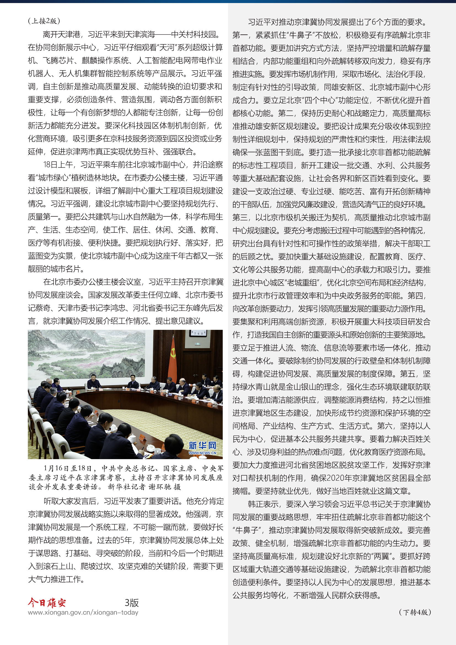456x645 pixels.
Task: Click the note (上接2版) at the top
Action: [x=44, y=21]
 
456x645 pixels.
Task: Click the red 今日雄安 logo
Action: [x=47, y=602]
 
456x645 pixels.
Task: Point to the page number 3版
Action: [x=132, y=603]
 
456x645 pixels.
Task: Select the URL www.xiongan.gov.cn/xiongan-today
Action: [x=83, y=612]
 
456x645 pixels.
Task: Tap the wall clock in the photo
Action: [x=198, y=333]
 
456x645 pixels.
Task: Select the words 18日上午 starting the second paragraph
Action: [x=58, y=165]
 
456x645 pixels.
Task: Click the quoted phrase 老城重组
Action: [x=303, y=283]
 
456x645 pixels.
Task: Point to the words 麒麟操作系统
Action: [x=105, y=60]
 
